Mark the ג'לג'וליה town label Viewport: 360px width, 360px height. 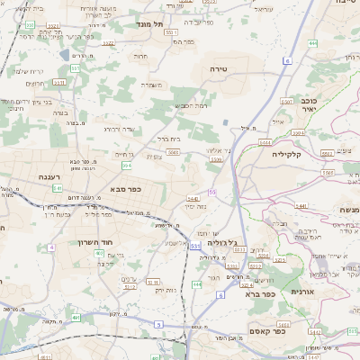point(221,242)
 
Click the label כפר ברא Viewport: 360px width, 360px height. point(259,293)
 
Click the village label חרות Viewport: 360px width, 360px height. point(141,56)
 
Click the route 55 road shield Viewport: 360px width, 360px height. point(212,192)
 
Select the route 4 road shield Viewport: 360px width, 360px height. point(51,246)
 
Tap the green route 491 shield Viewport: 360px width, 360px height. point(76,318)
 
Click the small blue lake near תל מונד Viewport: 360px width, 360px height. point(76,56)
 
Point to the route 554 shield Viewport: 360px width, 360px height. point(128,166)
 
